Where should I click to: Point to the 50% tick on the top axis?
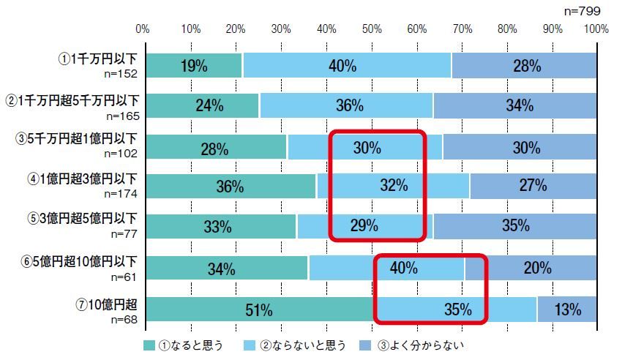(372, 29)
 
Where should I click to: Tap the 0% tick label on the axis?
(143, 29)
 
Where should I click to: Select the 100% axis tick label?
(596, 29)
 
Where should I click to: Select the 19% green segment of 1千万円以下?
(194, 66)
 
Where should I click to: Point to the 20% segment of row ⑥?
(537, 269)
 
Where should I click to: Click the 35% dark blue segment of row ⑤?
(515, 226)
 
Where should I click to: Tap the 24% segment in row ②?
(209, 105)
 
